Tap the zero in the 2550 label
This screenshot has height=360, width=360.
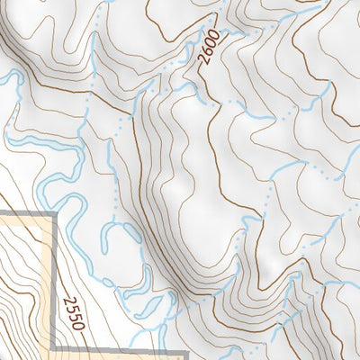pyautogui.click(x=78, y=325)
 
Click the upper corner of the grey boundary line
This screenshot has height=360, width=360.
pyautogui.click(x=55, y=214)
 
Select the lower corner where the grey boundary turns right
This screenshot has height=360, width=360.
pyautogui.click(x=55, y=348)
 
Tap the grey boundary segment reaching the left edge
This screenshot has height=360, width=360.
pyautogui.click(x=22, y=214)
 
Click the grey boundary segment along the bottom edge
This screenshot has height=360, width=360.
pyautogui.click(x=117, y=349)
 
